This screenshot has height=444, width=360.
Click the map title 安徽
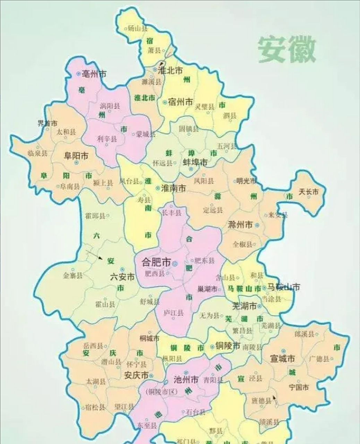(x=286, y=49)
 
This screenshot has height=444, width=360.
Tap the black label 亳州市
(x=94, y=74)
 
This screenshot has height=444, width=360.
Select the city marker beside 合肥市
(x=175, y=264)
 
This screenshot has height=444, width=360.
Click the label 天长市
(x=309, y=192)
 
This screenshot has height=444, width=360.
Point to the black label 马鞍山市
(x=284, y=287)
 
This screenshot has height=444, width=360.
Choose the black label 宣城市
(x=282, y=358)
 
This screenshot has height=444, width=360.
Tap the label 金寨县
(x=73, y=276)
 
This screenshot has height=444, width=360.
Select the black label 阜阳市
(x=76, y=156)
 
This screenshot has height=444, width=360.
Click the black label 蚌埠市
(x=195, y=162)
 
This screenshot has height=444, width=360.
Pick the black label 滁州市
(x=240, y=225)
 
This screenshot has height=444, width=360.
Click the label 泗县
(x=230, y=116)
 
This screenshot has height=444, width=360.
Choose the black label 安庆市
(x=136, y=376)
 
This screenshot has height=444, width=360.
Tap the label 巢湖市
(x=207, y=289)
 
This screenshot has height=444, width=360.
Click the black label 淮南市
(x=173, y=188)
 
